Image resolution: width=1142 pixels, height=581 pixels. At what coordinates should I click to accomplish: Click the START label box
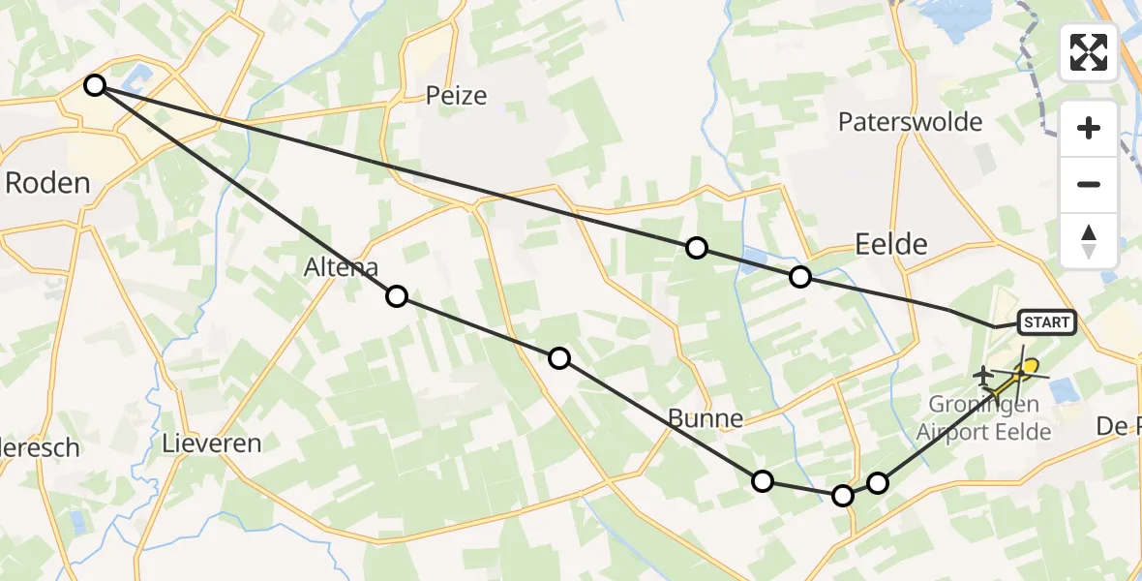(1046, 322)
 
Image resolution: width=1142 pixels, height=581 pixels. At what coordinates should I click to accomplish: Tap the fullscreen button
(1089, 51)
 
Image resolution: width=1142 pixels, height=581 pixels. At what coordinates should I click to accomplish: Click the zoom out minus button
(1089, 184)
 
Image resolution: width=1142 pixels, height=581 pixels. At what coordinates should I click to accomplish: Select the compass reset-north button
(1089, 241)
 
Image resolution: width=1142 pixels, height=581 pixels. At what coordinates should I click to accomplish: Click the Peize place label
(456, 95)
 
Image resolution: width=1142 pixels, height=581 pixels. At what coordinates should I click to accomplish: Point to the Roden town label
(47, 182)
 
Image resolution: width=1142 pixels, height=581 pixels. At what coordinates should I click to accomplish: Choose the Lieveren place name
(213, 443)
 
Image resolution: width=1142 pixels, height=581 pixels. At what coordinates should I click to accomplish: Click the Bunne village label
(706, 419)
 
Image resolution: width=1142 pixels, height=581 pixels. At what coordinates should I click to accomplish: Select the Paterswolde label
(910, 122)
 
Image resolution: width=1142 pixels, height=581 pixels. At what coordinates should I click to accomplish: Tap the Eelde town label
(890, 244)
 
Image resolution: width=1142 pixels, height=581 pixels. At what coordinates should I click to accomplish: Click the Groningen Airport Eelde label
(983, 417)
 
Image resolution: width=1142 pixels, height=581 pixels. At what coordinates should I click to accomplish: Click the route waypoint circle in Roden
(94, 85)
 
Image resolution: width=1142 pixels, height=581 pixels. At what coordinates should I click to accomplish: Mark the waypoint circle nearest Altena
(396, 296)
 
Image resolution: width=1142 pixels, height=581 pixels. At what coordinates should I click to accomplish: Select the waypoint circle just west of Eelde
(800, 277)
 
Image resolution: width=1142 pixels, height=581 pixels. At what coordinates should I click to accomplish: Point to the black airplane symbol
(983, 374)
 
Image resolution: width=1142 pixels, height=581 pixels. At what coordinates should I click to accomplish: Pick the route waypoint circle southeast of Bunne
(763, 481)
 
